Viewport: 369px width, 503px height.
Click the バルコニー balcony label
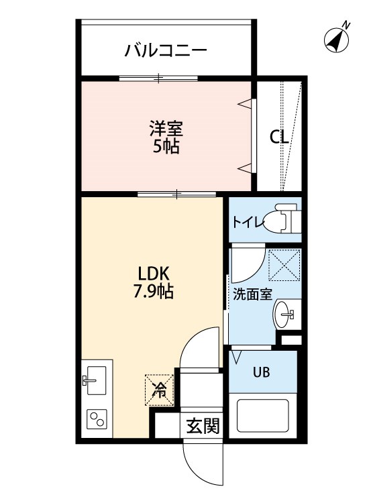165,50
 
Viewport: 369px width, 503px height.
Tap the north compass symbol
337,39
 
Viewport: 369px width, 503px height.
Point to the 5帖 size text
165,146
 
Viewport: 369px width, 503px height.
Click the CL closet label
279,137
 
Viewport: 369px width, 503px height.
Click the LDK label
156,274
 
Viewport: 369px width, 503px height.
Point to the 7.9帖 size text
156,292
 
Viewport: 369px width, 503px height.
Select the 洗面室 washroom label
252,294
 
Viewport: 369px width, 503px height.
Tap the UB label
262,373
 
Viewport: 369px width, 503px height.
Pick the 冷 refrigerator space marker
160,388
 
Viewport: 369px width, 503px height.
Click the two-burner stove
97,421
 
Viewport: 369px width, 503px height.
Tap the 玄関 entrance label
203,426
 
